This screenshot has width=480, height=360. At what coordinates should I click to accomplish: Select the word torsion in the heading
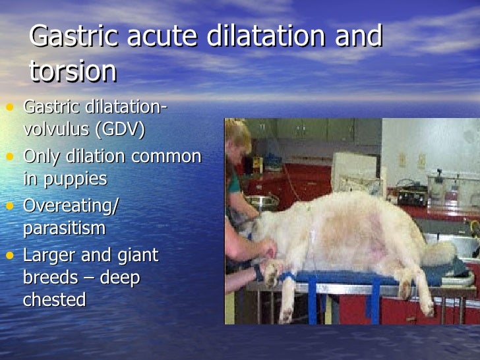(73, 71)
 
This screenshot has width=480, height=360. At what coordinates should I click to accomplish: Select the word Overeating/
(71, 206)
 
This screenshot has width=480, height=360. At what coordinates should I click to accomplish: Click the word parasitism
(64, 228)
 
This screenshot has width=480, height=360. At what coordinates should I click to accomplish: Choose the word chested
(54, 299)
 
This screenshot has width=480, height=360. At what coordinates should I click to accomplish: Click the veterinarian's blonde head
(238, 136)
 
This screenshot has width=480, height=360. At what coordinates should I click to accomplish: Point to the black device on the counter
(412, 195)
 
